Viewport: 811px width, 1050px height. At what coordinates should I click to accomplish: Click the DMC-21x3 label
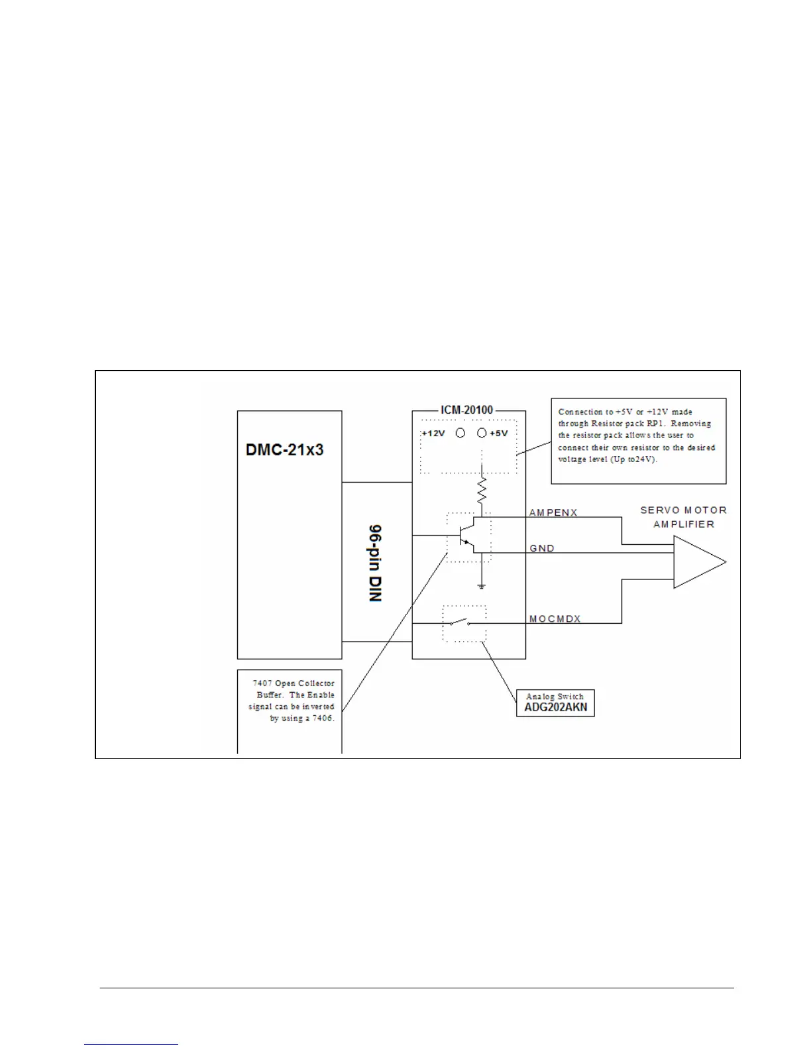(x=285, y=450)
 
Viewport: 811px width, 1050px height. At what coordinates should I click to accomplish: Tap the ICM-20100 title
(x=466, y=410)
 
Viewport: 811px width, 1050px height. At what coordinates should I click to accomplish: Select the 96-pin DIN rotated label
(x=376, y=563)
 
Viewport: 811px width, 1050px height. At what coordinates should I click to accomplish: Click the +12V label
(x=433, y=434)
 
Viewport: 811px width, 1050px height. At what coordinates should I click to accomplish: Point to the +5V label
(x=499, y=434)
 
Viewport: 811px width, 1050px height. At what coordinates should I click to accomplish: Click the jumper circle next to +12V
(x=460, y=433)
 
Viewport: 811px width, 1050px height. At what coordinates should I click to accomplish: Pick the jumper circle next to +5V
(x=482, y=433)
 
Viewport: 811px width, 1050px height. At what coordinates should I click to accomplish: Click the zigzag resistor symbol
(x=482, y=491)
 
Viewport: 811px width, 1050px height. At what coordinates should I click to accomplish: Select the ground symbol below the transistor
(x=482, y=586)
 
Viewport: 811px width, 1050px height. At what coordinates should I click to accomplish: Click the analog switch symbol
(x=459, y=622)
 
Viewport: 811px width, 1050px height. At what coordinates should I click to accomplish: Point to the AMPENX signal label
(x=553, y=512)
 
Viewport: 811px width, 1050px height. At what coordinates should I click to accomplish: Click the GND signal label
(x=542, y=548)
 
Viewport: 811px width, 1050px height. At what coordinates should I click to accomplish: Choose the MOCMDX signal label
(x=555, y=618)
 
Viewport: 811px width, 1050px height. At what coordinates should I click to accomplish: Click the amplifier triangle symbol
(x=696, y=562)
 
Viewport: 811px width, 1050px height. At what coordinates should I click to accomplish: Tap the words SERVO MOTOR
(x=683, y=510)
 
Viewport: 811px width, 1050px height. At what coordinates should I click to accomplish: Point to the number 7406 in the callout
(x=321, y=719)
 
